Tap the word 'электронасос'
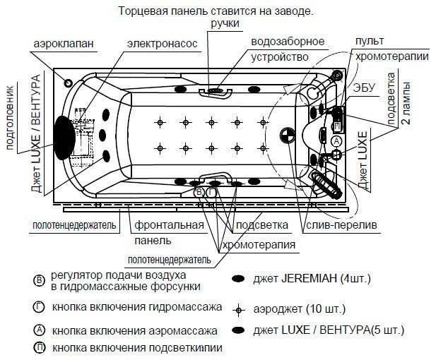pos(162,44)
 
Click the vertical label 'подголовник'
pos(10,114)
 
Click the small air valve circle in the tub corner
pos(69,82)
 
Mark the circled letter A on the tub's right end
pos(337,141)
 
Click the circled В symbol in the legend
pos(39,280)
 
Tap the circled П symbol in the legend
pos(39,347)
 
